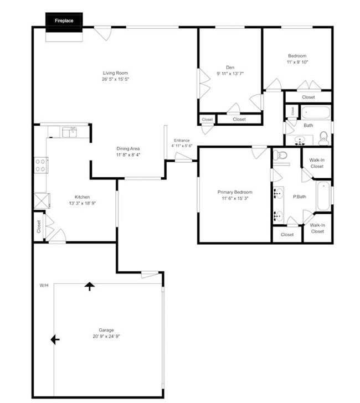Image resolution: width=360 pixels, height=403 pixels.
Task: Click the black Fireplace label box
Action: [x=64, y=20]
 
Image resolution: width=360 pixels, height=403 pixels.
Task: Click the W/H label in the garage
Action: [x=44, y=286]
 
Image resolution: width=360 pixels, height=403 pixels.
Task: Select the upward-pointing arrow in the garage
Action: [x=90, y=286]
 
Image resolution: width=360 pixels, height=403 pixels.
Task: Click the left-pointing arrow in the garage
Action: [x=55, y=339]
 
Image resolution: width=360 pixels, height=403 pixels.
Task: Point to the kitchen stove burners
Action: [x=41, y=165]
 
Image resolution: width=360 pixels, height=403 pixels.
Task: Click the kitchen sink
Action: [x=69, y=132]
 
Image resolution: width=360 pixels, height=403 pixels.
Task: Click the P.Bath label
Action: [x=300, y=197]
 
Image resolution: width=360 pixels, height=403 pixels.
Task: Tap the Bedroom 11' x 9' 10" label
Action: [x=297, y=59]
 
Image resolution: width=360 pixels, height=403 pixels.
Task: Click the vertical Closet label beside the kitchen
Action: [x=39, y=226]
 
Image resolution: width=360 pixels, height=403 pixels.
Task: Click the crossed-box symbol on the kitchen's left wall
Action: [x=41, y=200]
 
